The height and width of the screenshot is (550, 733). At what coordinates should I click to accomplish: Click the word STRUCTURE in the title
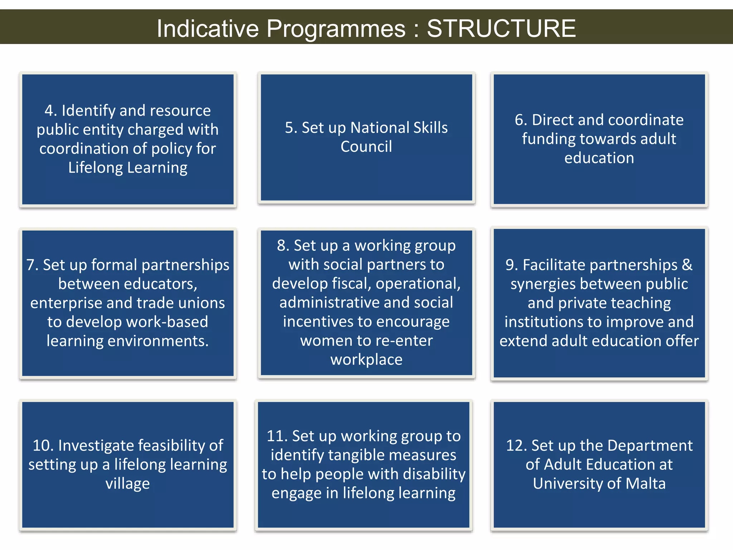[x=501, y=28]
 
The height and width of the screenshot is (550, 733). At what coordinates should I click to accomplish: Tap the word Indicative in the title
[x=208, y=28]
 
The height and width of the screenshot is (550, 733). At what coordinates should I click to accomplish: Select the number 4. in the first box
[x=51, y=111]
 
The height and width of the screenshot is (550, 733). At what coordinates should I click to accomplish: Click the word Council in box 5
[x=366, y=146]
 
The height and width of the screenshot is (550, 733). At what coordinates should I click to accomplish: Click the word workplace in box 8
[x=366, y=360]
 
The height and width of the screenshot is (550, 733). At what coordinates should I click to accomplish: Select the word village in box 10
[x=128, y=484]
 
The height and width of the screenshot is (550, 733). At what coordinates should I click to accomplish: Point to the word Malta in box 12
[x=645, y=483]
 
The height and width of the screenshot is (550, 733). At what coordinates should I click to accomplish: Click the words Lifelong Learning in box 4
[x=128, y=168]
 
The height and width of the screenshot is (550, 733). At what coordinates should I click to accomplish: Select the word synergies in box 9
[x=543, y=284]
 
